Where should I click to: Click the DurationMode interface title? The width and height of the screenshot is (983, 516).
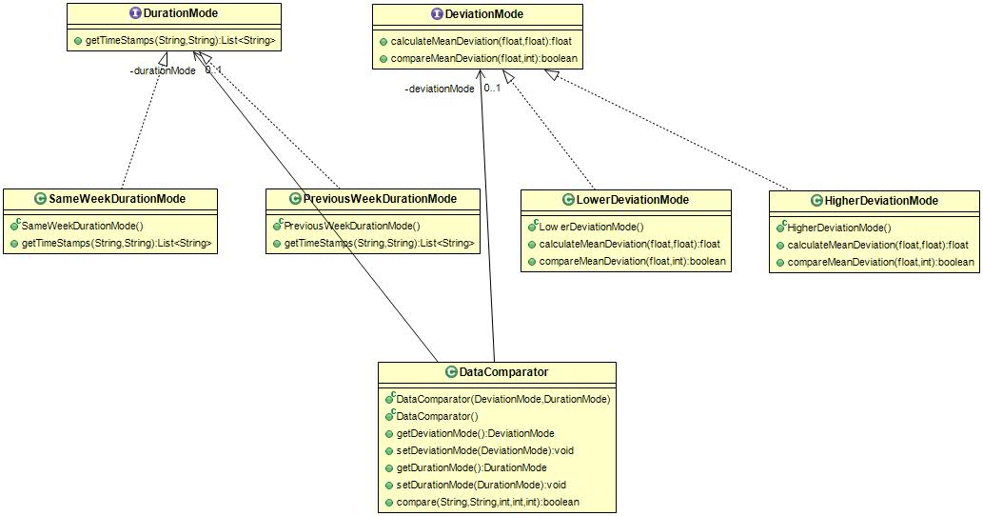181,13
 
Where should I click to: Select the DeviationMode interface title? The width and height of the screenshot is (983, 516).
484,13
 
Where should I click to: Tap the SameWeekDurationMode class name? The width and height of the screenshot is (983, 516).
117,199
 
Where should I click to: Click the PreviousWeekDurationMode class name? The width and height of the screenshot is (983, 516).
380,199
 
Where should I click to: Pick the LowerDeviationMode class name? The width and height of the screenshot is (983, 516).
633,200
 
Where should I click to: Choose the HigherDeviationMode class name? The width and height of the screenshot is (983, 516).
881,201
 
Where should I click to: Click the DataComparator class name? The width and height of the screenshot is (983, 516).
504,372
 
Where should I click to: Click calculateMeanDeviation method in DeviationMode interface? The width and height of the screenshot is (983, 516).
481,41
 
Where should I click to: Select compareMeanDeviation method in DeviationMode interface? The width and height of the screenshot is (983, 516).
484,58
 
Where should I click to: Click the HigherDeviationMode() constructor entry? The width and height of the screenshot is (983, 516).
838,228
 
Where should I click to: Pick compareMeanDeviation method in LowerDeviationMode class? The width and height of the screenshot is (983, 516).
633,261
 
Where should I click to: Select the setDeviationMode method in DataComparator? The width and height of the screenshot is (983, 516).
485,450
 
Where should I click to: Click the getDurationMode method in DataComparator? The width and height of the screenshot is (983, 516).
471,467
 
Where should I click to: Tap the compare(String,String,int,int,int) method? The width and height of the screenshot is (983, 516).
488,502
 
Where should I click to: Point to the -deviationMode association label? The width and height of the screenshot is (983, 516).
440,89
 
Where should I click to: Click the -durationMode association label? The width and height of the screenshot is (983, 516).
163,70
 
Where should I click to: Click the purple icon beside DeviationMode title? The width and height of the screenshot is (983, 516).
437,13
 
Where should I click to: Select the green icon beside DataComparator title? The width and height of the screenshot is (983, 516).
451,372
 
